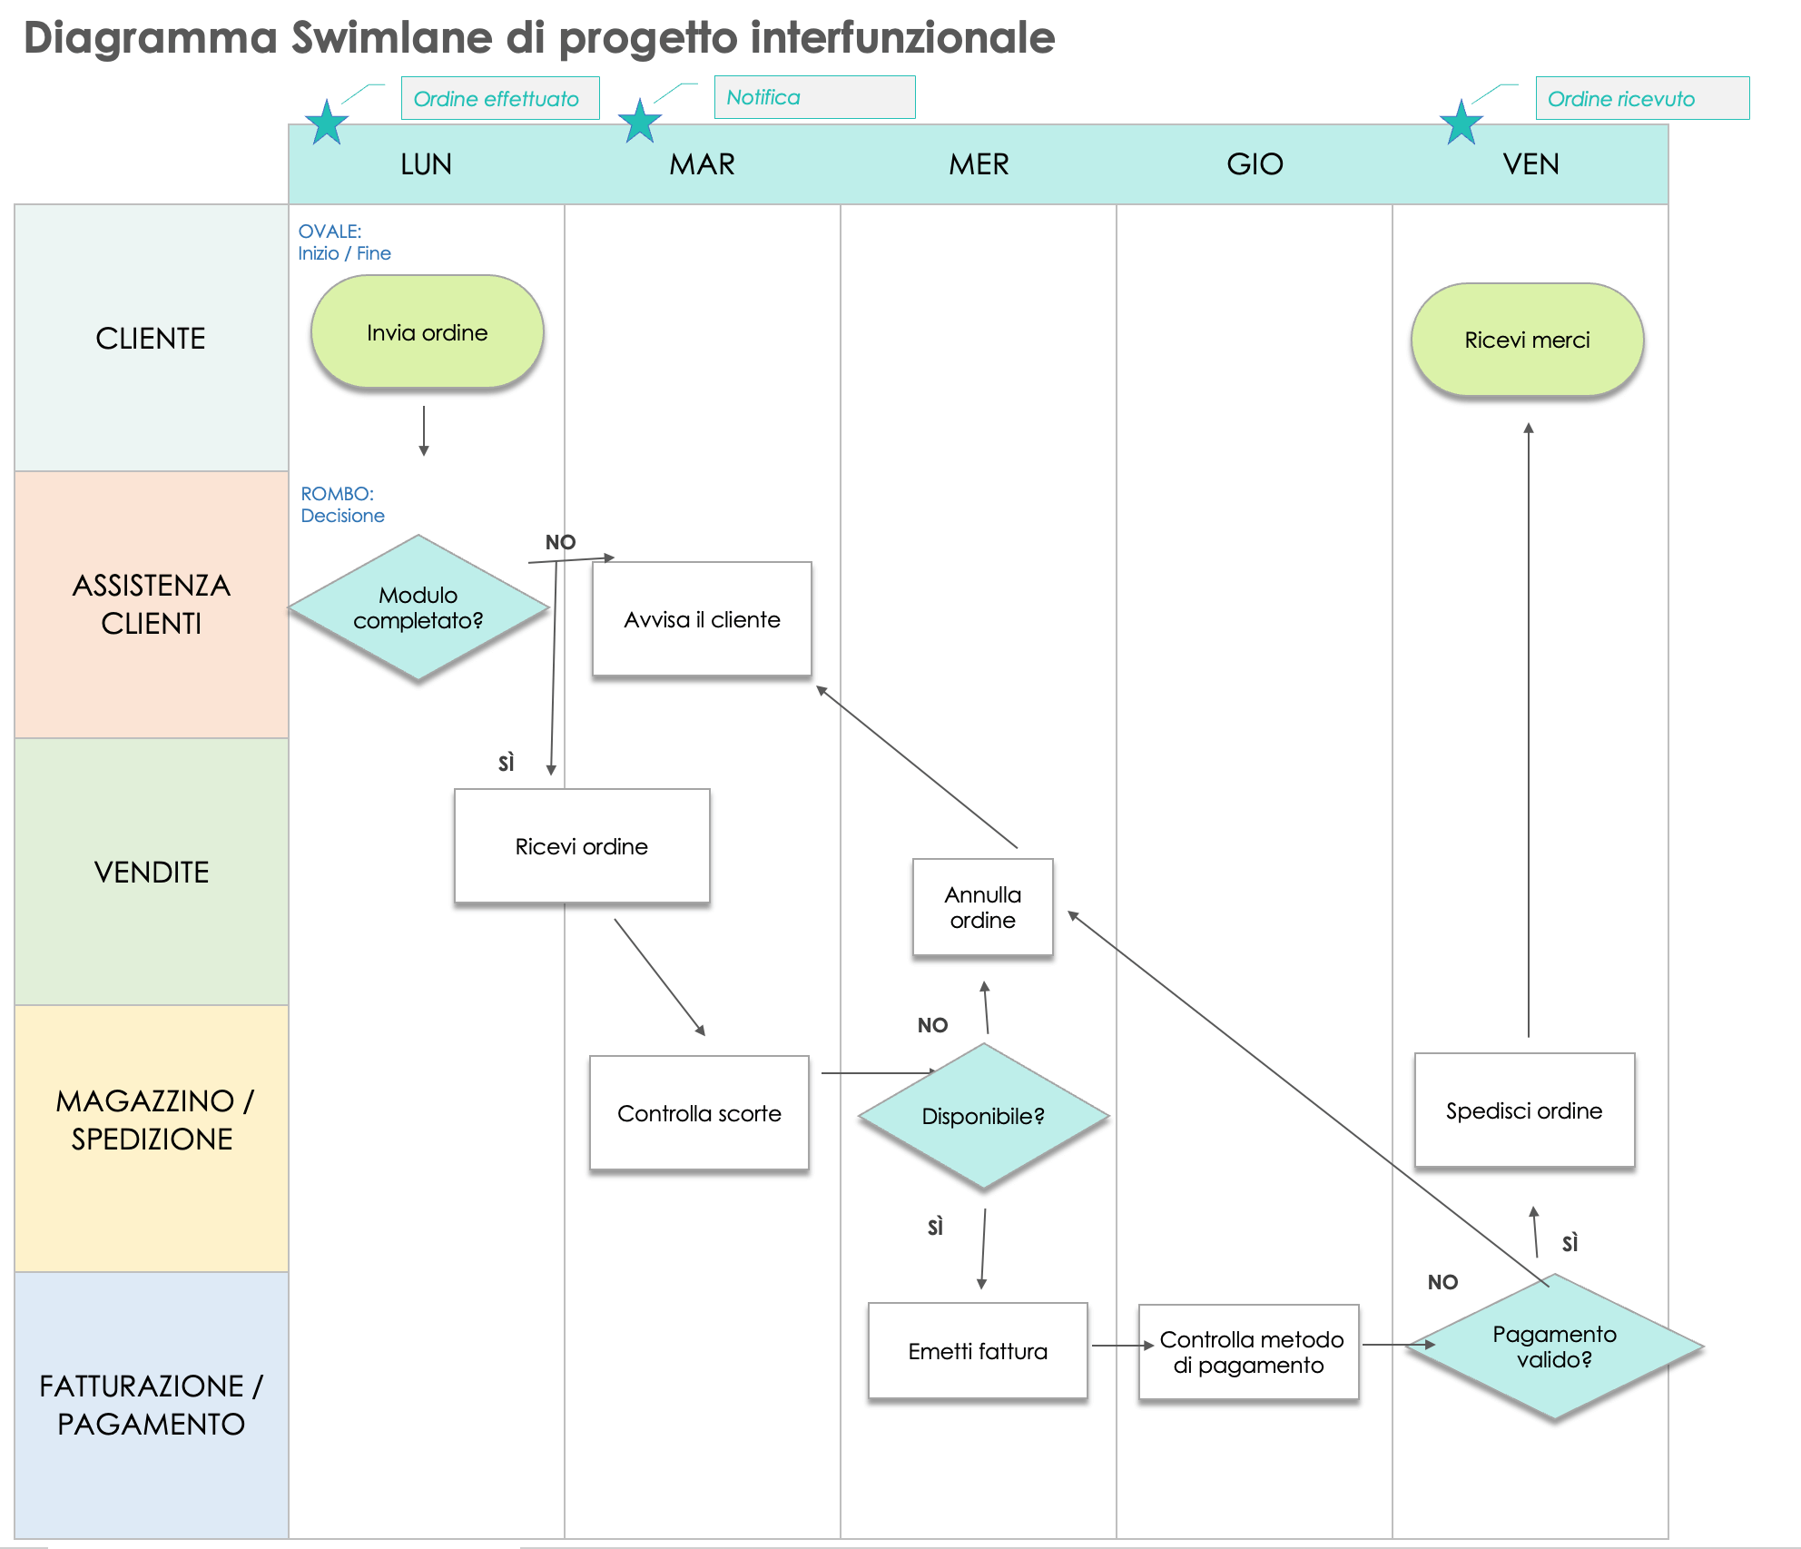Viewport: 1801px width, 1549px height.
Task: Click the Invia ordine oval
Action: pos(427,332)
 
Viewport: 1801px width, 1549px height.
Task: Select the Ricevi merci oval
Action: pos(1527,340)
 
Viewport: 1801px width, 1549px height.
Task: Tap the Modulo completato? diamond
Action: pos(418,607)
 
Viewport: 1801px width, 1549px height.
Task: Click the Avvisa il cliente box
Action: pos(702,619)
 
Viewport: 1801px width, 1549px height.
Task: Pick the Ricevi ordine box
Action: pos(582,846)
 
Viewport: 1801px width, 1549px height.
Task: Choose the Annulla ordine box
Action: pos(983,907)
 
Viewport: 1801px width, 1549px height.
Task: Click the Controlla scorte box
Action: pos(699,1113)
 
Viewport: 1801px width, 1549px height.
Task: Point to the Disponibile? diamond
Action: pos(983,1116)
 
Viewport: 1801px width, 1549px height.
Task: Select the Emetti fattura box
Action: pos(978,1351)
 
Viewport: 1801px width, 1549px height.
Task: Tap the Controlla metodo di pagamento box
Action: pos(1249,1352)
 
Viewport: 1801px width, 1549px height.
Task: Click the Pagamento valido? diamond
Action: pos(1554,1347)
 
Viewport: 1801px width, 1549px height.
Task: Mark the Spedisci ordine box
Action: pos(1524,1110)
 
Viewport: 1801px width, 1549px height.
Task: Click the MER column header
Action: pos(979,164)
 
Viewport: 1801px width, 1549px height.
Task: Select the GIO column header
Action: pos(1255,164)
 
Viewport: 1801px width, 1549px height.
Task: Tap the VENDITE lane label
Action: pos(152,872)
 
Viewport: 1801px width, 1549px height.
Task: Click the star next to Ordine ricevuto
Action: pos(1461,123)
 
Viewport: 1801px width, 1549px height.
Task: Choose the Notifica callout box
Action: pos(814,97)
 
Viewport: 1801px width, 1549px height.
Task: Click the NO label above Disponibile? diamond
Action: pos(932,1025)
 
